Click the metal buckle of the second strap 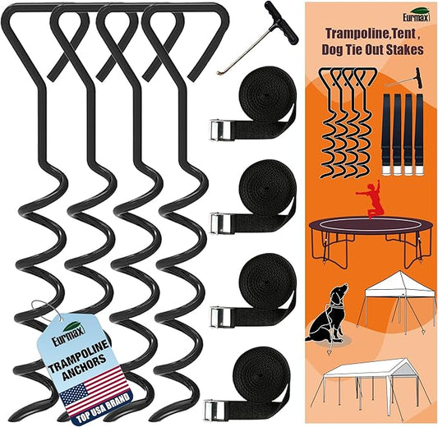219,223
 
